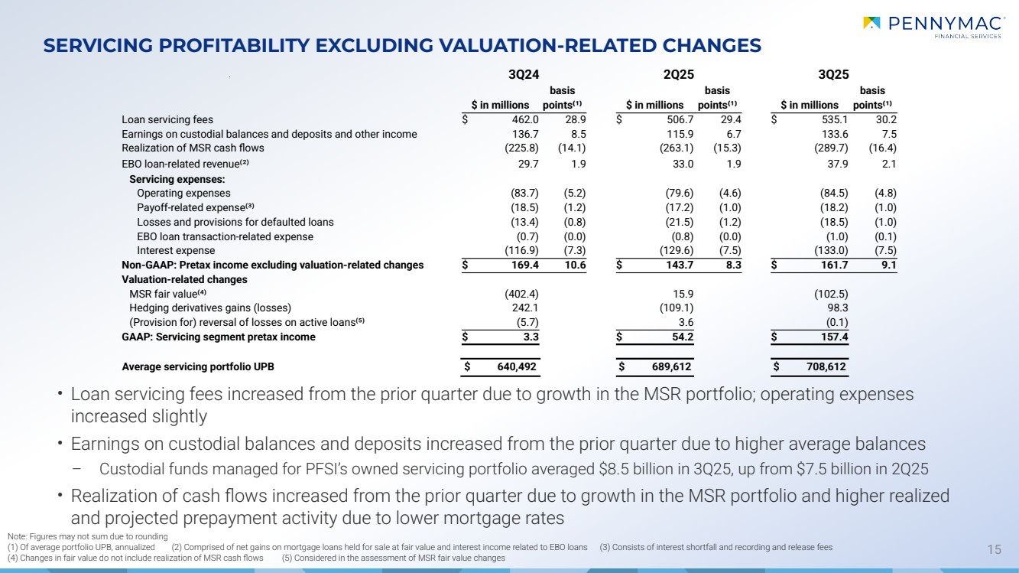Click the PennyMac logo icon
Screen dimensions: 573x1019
coord(871,23)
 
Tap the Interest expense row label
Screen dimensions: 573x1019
coord(176,250)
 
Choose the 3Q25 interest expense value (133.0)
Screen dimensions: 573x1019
coord(832,250)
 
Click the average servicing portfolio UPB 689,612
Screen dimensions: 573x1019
coord(669,367)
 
